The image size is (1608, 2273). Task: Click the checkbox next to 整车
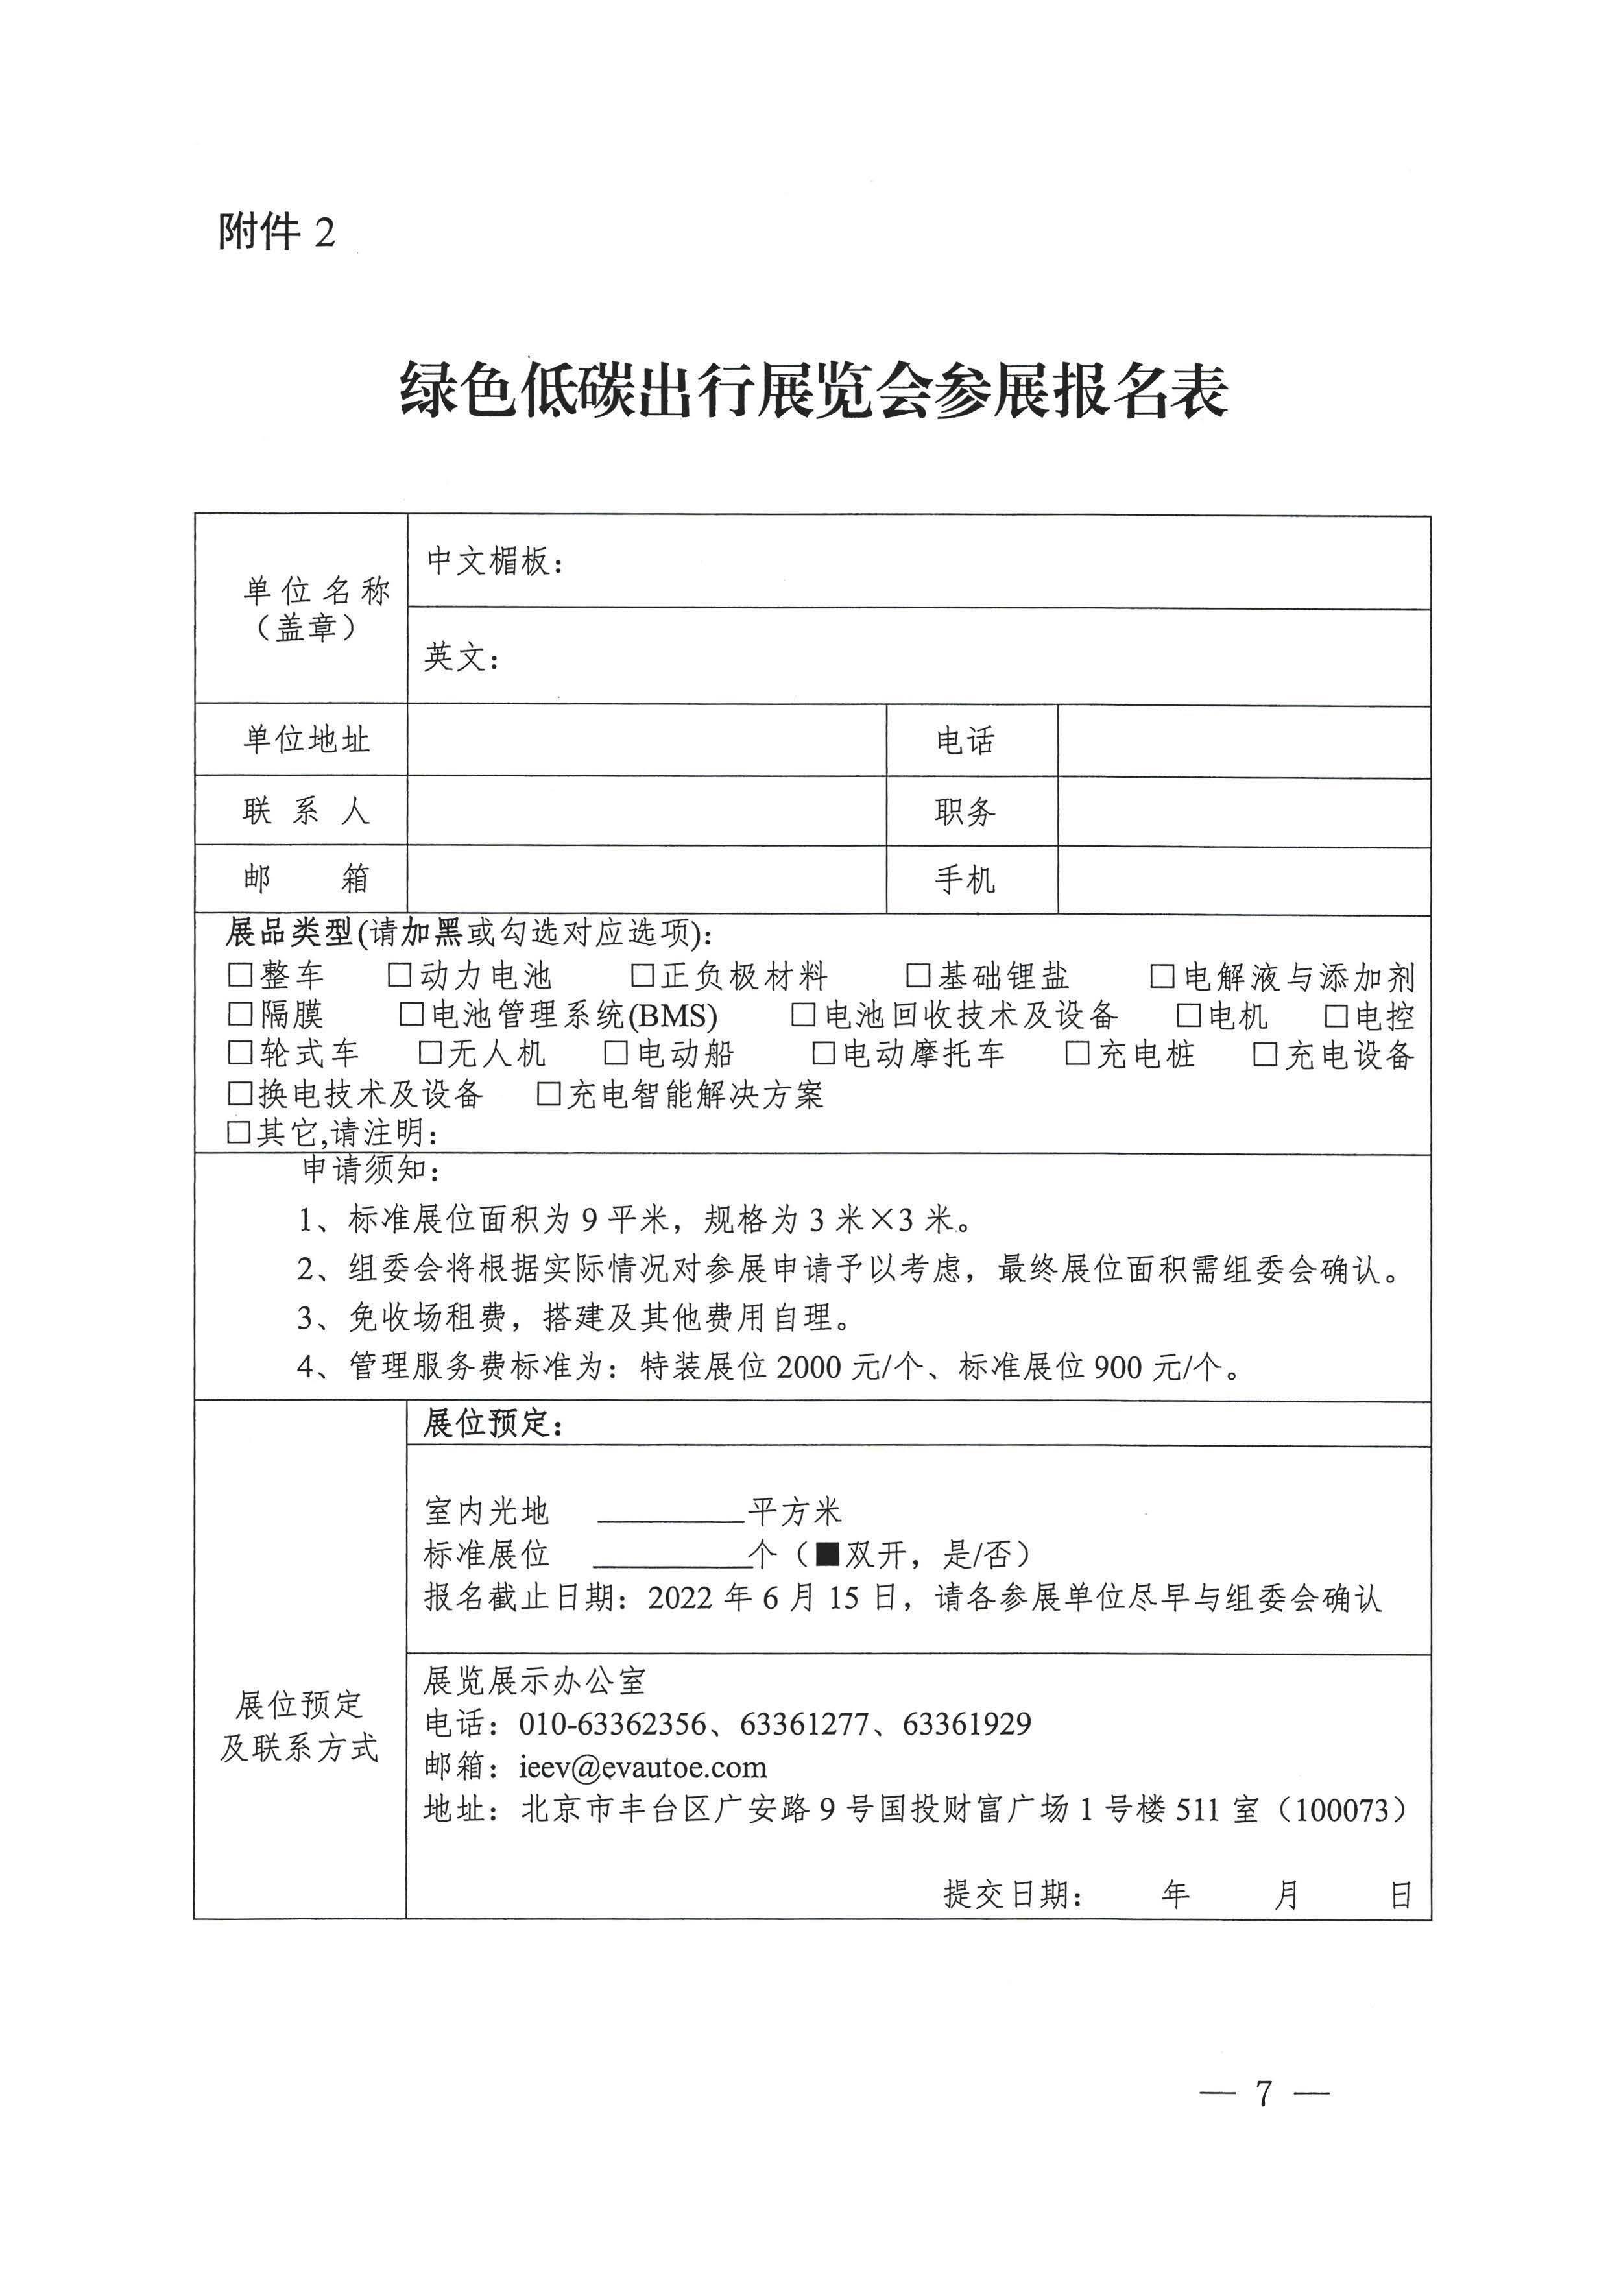(x=239, y=975)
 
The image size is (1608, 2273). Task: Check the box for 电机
(x=1188, y=1015)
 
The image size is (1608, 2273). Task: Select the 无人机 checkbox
(x=429, y=1053)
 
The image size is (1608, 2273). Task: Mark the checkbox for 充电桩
(x=1077, y=1053)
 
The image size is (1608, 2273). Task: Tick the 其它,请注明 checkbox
(x=239, y=1131)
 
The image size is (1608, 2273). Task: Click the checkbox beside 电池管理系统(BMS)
(x=411, y=1015)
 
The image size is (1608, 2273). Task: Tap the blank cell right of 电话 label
(x=1243, y=741)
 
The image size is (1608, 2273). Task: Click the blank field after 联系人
(x=645, y=811)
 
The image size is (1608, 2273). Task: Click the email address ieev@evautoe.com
(x=643, y=1767)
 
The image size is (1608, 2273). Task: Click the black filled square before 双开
(x=827, y=1554)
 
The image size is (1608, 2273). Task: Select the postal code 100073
(x=1341, y=1810)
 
